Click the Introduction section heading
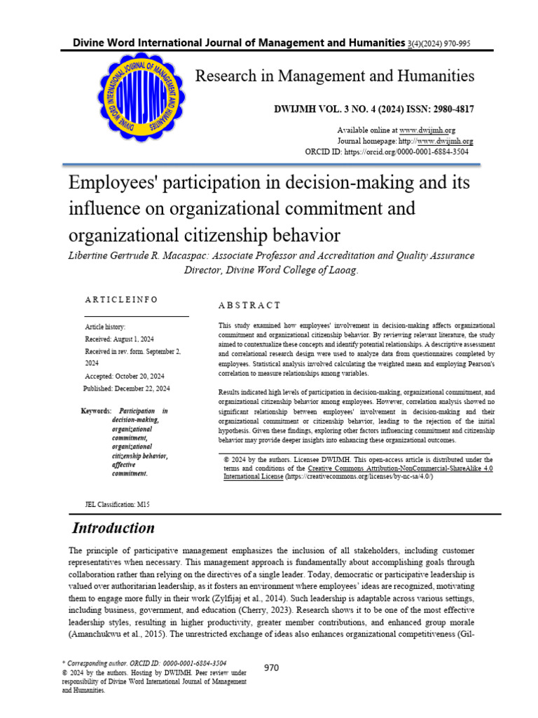point(114,528)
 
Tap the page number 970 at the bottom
point(271,668)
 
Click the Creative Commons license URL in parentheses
point(359,476)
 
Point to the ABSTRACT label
point(249,306)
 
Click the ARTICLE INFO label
point(121,299)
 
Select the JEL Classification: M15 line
point(117,504)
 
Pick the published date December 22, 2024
point(144,388)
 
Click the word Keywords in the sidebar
point(95,411)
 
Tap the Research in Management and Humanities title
point(334,76)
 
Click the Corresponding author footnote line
point(144,662)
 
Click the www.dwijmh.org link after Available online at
point(427,130)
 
